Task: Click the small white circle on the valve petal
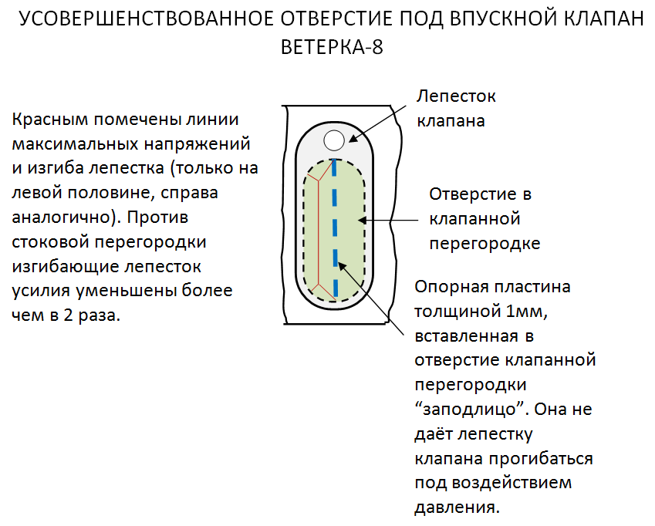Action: [x=334, y=140]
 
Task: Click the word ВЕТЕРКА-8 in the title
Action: [x=332, y=47]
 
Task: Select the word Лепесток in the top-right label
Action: [x=456, y=96]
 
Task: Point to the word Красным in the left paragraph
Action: [x=49, y=120]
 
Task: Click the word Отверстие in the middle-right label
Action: [x=468, y=194]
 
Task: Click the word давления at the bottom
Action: [x=457, y=507]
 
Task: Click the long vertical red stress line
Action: [x=319, y=233]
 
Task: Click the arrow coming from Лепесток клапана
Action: [x=376, y=123]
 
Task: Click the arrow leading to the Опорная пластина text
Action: [x=370, y=298]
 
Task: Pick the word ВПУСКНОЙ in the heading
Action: [x=503, y=19]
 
